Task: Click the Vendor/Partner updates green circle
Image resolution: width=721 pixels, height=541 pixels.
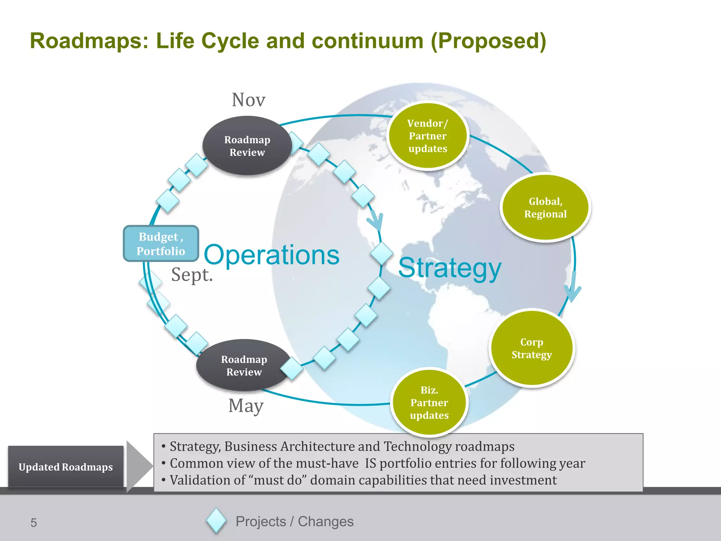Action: [x=427, y=136]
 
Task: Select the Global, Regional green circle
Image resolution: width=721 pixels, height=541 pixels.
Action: [x=545, y=207]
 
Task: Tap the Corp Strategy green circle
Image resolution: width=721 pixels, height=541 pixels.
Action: [x=532, y=348]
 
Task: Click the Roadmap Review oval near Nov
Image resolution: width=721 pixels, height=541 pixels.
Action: [x=247, y=146]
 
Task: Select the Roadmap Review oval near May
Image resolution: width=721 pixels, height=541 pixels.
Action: [x=244, y=366]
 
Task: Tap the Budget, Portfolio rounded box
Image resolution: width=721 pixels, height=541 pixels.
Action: [x=161, y=244]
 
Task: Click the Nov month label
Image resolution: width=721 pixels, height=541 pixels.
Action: [x=248, y=100]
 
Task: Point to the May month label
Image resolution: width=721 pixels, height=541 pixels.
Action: [x=246, y=406]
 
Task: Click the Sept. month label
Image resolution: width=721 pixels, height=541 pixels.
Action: [x=192, y=275]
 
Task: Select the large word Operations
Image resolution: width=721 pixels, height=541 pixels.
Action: [x=271, y=255]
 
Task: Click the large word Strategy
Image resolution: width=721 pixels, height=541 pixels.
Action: [x=450, y=268]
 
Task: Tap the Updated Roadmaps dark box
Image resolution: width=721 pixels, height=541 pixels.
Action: [x=66, y=467]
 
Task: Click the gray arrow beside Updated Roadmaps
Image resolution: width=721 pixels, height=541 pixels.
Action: [x=138, y=466]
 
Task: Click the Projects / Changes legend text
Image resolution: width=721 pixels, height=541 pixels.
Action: [x=294, y=522]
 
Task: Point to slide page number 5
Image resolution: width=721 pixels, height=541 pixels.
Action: [x=33, y=523]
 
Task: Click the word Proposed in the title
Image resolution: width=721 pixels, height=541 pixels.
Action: [x=488, y=41]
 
